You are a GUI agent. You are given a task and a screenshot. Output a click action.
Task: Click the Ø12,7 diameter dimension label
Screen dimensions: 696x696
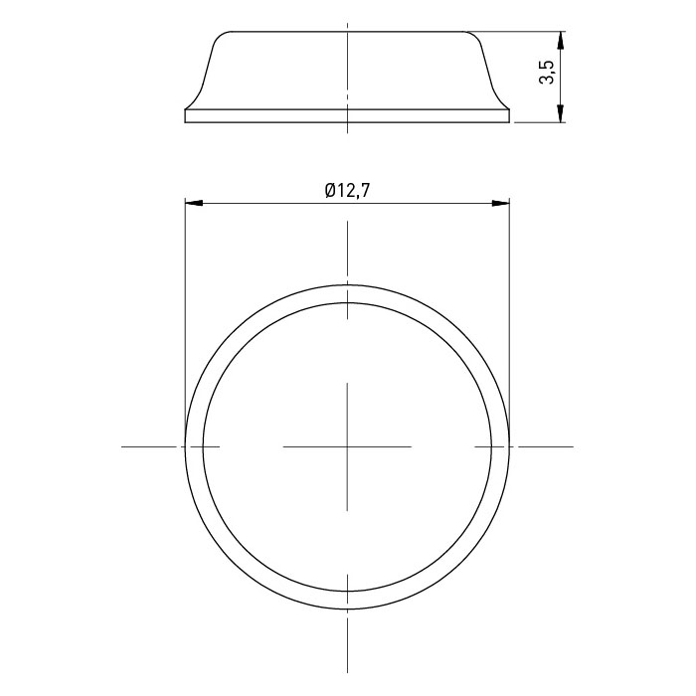[347, 191]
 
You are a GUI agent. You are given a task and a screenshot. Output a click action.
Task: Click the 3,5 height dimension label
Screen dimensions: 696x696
[546, 73]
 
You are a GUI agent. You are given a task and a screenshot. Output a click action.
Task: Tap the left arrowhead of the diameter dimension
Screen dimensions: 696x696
[194, 203]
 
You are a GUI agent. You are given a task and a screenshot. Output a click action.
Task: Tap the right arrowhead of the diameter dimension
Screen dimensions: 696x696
[500, 203]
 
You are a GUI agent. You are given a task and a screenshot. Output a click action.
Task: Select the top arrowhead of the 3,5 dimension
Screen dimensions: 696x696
[561, 41]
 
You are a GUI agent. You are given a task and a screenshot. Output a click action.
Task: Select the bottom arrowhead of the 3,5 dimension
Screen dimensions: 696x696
[561, 113]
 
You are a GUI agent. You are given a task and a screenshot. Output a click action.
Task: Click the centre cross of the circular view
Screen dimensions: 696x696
[347, 446]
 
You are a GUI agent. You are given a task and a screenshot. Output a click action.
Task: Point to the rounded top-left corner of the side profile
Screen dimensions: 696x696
[221, 37]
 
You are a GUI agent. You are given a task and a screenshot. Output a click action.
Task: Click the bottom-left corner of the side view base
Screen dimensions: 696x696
[185, 122]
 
